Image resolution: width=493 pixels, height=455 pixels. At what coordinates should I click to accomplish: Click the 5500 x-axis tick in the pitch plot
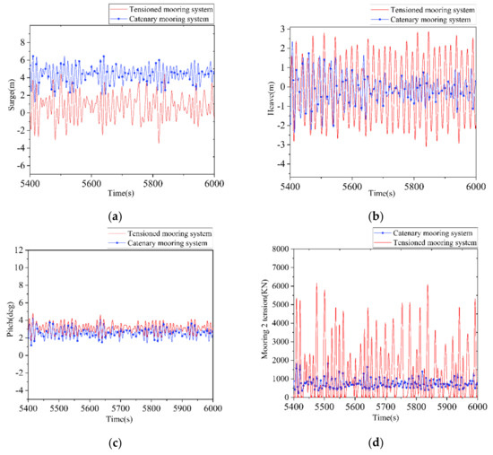79,407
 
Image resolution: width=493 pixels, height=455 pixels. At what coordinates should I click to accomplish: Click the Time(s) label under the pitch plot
121,417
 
